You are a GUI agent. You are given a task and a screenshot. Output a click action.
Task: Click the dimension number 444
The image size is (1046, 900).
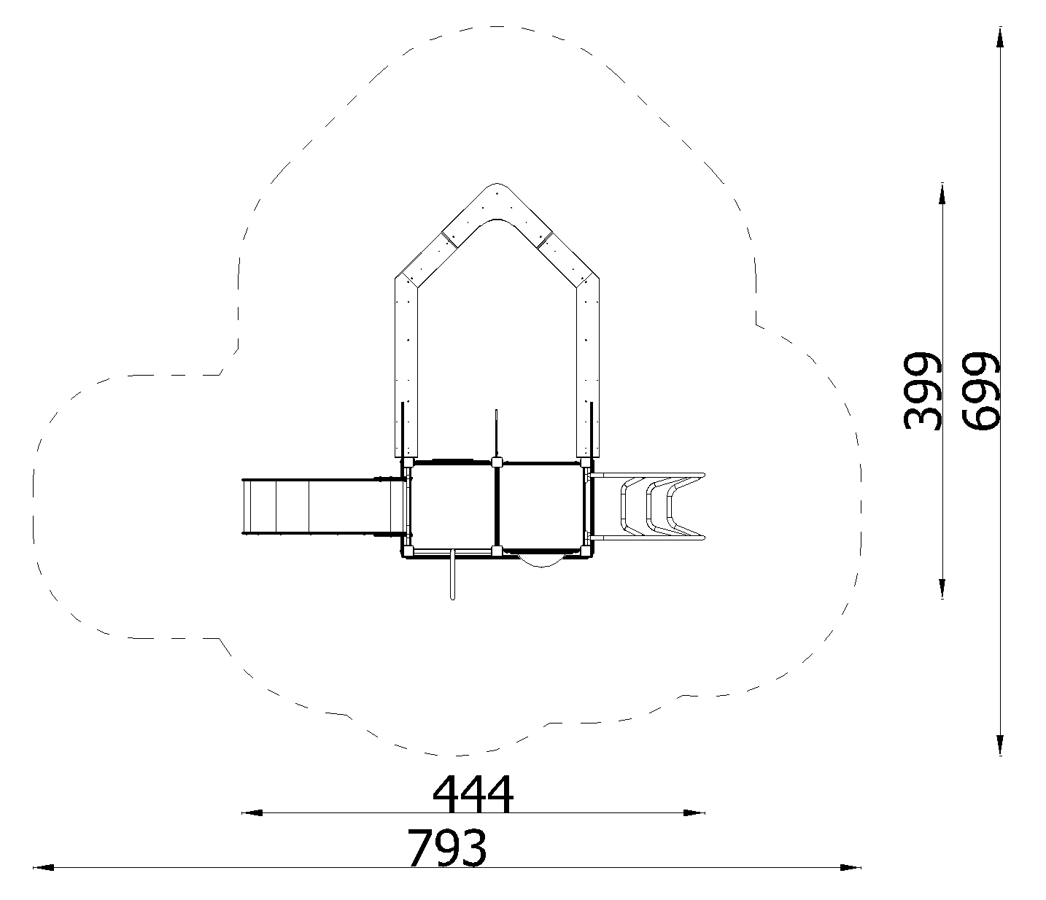(x=473, y=794)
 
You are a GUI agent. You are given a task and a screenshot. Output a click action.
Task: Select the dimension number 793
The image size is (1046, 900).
(x=447, y=848)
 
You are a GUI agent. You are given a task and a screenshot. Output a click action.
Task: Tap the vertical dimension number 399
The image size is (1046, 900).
(x=923, y=390)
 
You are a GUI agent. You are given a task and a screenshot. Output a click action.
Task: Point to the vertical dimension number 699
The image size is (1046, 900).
(x=981, y=391)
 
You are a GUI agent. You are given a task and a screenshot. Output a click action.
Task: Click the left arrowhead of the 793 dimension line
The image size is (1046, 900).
(x=44, y=868)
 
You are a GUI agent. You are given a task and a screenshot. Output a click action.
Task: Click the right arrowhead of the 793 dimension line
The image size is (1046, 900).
(x=851, y=868)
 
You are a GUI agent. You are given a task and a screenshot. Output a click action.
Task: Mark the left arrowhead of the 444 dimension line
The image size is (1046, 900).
(x=252, y=813)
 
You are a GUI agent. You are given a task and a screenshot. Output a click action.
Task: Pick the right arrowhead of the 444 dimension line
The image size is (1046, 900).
(x=694, y=813)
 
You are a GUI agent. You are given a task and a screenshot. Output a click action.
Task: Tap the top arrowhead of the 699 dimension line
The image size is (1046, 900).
(x=1000, y=37)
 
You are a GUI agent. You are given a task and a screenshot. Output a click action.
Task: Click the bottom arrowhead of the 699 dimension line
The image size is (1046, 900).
(x=1000, y=745)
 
